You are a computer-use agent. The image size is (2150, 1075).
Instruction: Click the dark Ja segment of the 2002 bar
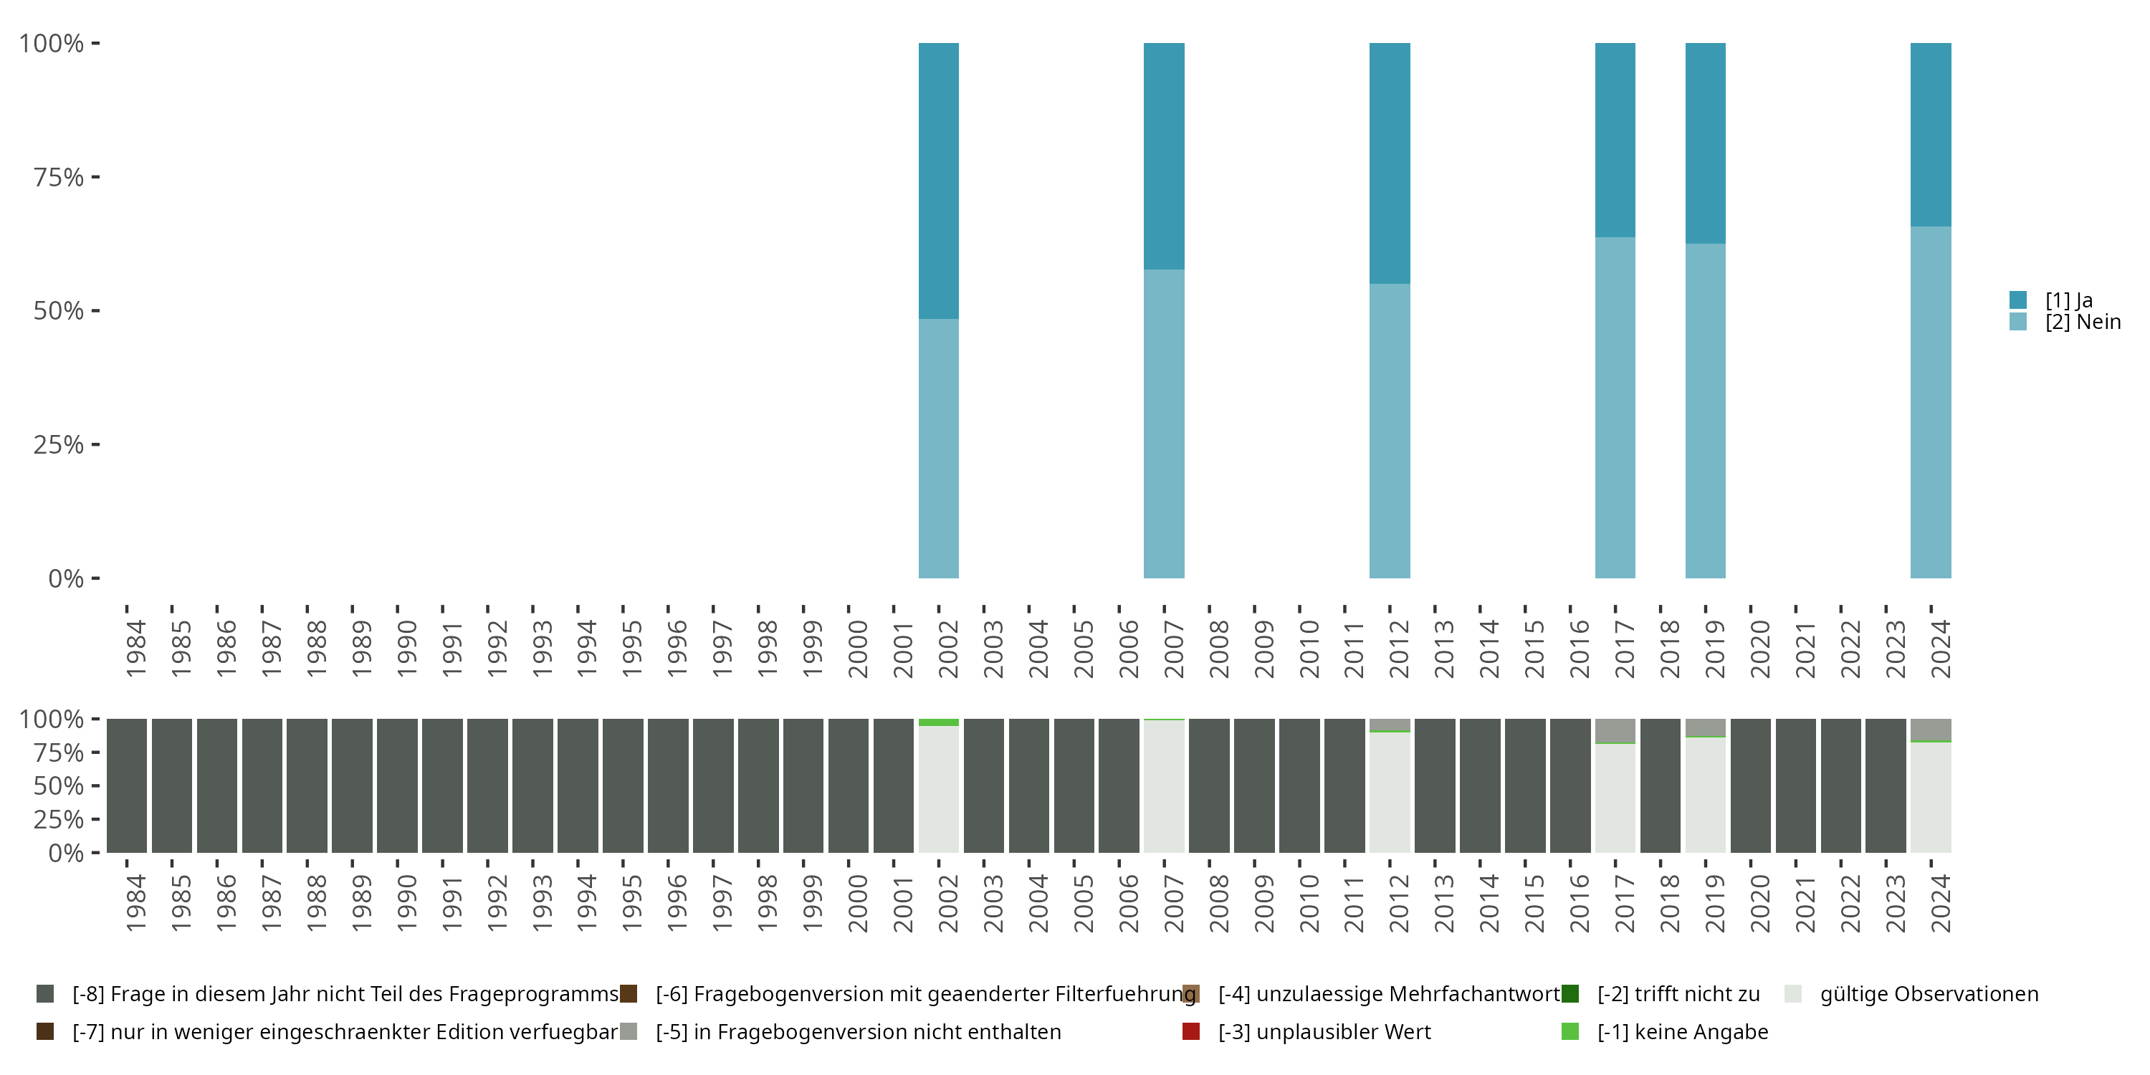[938, 179]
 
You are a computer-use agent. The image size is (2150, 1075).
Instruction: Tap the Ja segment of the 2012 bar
[1390, 163]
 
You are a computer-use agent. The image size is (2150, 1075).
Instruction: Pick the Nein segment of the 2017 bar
[1615, 407]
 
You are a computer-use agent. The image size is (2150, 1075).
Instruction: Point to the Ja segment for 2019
[1705, 143]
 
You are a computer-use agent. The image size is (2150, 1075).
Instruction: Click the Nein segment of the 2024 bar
[1931, 401]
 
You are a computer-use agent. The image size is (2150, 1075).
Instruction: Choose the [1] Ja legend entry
[2068, 300]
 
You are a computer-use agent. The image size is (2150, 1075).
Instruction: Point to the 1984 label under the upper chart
[135, 649]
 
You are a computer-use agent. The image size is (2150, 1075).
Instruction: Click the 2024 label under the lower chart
[1941, 903]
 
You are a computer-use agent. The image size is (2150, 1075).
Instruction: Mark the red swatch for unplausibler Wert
[1191, 1031]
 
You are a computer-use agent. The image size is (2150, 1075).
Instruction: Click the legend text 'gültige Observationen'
[1929, 994]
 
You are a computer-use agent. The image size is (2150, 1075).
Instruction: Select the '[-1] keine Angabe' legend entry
[1682, 1031]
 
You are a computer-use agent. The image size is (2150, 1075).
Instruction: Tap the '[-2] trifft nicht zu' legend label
[1678, 994]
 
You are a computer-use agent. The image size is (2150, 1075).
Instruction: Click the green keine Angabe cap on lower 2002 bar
[938, 722]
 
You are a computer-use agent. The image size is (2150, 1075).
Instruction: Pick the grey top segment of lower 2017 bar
[1615, 730]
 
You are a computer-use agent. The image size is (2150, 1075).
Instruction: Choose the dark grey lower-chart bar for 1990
[397, 785]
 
